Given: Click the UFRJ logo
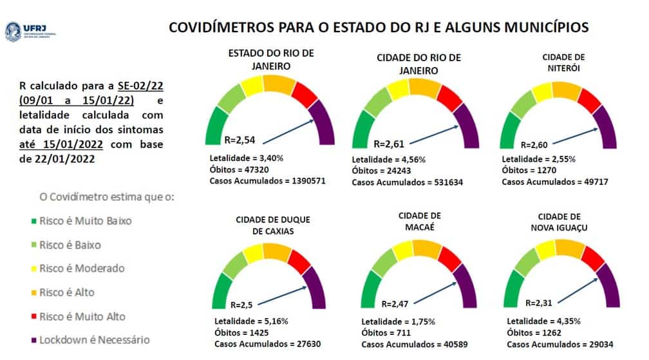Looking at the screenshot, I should (x=25, y=31).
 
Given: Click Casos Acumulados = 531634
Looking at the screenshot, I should (x=407, y=182).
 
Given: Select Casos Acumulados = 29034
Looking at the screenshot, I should (x=557, y=345).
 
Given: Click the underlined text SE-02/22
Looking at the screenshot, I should (x=140, y=86).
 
